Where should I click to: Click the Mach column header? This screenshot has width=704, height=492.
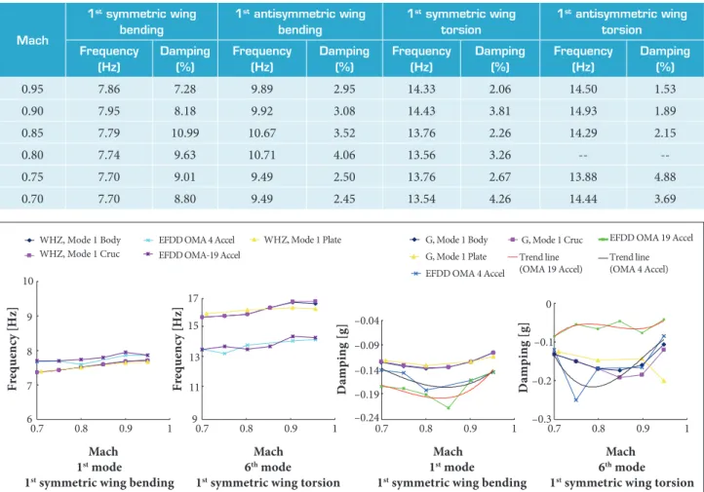point(32,40)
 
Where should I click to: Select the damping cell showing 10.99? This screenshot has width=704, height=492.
point(185,132)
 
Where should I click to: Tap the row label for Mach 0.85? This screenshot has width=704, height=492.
point(32,132)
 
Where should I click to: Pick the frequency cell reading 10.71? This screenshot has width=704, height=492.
point(261,155)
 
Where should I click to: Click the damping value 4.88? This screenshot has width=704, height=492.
point(665,176)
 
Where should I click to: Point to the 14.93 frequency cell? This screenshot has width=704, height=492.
point(583,111)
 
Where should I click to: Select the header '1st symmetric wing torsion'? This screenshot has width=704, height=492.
point(461,21)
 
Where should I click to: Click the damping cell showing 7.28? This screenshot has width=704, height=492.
point(185,89)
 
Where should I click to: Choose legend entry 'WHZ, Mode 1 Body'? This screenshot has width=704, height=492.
point(73,240)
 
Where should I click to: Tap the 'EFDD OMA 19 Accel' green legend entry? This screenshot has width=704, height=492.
point(645,238)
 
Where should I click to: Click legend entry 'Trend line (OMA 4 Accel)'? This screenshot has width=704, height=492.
point(633,263)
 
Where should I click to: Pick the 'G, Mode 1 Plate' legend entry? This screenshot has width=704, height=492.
point(448,256)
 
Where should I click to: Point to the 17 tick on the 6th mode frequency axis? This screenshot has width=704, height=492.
point(193,299)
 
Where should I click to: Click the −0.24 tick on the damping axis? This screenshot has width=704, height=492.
point(367,418)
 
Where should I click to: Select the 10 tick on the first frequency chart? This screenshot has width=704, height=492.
point(28,282)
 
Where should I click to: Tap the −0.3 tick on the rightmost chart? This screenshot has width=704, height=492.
point(540,419)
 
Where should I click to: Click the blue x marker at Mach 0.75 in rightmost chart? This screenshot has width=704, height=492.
point(576,399)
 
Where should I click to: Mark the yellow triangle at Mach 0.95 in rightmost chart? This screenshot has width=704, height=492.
point(664,381)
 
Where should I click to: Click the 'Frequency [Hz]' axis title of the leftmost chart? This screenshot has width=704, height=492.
point(12,350)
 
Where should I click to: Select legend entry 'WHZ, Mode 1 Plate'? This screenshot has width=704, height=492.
point(295,240)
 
